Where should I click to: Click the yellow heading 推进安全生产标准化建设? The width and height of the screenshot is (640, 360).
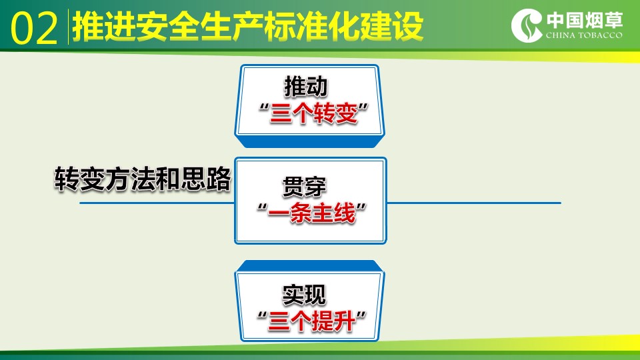click(248, 27)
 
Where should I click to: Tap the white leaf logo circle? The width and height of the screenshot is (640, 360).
click(527, 25)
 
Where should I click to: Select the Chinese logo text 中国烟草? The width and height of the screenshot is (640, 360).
click(585, 20)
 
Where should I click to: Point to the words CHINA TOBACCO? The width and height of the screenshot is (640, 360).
click(584, 35)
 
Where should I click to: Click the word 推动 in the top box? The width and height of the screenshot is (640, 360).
click(306, 86)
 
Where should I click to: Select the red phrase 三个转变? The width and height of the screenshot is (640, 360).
click(313, 113)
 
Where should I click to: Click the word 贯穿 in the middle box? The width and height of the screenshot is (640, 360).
click(304, 187)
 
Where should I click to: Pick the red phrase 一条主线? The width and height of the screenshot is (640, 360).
click(311, 213)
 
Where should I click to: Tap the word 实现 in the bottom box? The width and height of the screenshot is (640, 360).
click(304, 294)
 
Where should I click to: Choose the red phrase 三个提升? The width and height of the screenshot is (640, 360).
click(311, 321)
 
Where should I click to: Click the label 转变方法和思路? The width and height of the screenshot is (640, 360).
click(143, 179)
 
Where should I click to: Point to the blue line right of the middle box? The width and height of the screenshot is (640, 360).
click(474, 203)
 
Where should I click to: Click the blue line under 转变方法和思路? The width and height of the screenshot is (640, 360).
click(157, 203)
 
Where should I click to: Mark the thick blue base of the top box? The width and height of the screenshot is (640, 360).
click(310, 141)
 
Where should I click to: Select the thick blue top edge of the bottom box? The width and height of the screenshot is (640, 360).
click(310, 266)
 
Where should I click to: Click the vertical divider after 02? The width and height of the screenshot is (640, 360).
click(68, 27)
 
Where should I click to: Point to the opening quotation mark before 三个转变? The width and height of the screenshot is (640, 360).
click(264, 109)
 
